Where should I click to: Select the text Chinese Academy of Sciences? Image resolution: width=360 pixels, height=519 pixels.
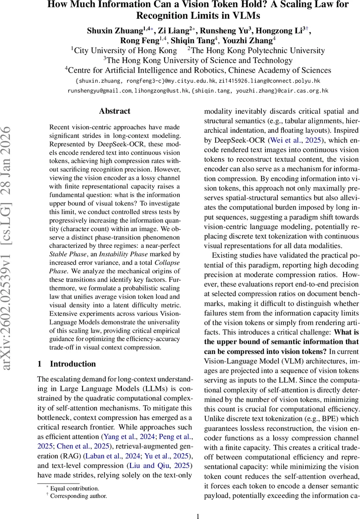tap(275, 70)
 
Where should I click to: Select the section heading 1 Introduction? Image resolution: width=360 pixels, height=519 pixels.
tap(67, 364)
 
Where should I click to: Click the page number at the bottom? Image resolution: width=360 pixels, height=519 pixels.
tap(198, 504)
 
